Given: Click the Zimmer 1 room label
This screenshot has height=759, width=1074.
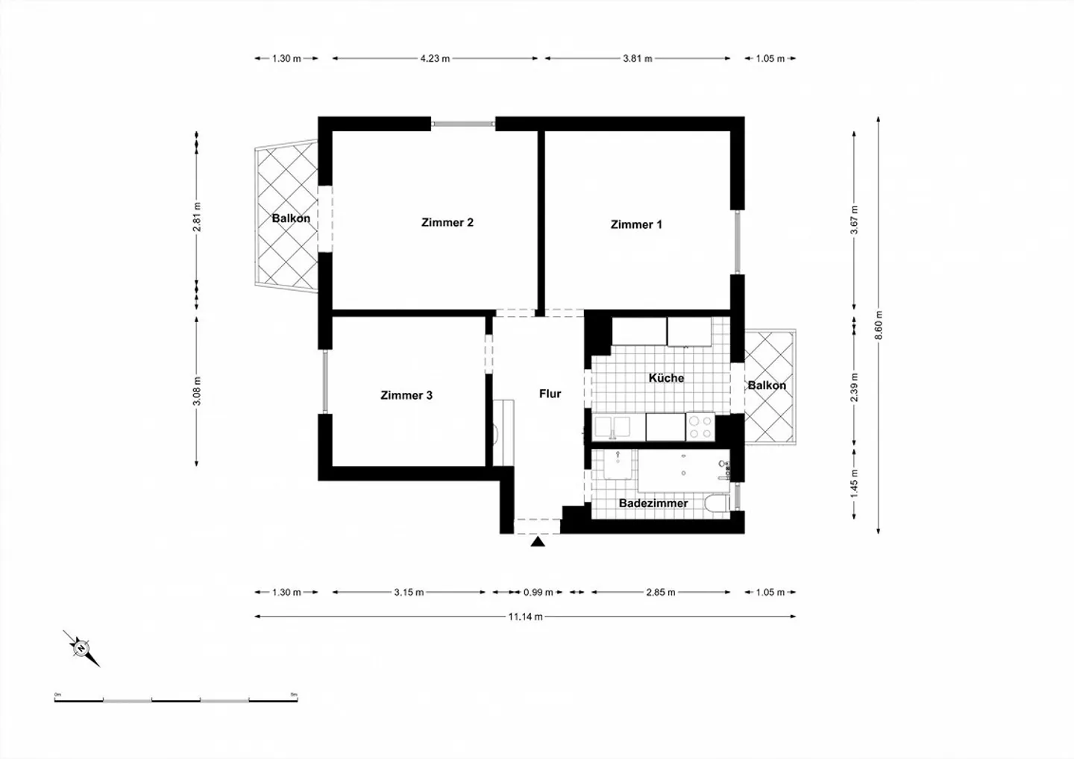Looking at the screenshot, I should pyautogui.click(x=635, y=224).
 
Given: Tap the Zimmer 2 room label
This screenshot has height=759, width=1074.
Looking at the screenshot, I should pyautogui.click(x=447, y=222).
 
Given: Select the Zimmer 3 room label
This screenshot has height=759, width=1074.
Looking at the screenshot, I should pyautogui.click(x=406, y=395).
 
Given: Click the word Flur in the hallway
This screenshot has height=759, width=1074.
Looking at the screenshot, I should pyautogui.click(x=550, y=394).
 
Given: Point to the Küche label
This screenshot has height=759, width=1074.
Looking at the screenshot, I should pyautogui.click(x=666, y=378).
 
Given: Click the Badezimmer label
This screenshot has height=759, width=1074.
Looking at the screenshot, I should pyautogui.click(x=653, y=503).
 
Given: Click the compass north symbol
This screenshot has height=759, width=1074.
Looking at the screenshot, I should pyautogui.click(x=81, y=647).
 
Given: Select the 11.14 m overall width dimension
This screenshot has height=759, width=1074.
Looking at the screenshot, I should pyautogui.click(x=525, y=617).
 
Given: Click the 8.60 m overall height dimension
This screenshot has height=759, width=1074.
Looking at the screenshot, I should pyautogui.click(x=879, y=324).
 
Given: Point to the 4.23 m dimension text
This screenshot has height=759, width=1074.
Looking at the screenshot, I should pyautogui.click(x=435, y=58).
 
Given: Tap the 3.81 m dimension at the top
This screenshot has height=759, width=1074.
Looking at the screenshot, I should pyautogui.click(x=638, y=58).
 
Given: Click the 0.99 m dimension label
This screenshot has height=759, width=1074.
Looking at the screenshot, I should pyautogui.click(x=538, y=593).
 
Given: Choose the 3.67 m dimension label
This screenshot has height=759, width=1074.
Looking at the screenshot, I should pyautogui.click(x=855, y=220).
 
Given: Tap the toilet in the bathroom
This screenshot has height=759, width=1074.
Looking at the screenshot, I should pyautogui.click(x=717, y=505).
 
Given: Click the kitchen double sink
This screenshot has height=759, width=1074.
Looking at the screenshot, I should pyautogui.click(x=612, y=427).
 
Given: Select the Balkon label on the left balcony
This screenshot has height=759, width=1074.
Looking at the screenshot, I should pyautogui.click(x=291, y=218).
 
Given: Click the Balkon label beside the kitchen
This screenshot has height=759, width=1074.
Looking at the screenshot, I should pyautogui.click(x=767, y=385).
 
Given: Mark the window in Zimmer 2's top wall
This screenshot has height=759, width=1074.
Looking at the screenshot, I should pyautogui.click(x=463, y=124).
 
